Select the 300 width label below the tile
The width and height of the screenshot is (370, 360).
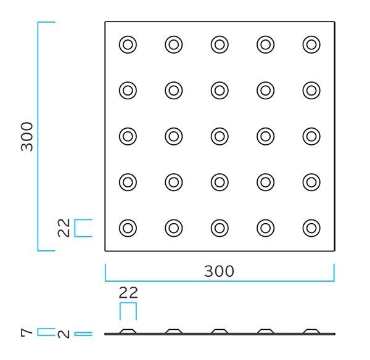point(219,271)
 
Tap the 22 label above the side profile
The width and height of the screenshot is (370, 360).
point(128,292)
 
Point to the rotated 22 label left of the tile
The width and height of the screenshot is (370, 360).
point(64,228)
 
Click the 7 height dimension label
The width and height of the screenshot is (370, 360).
point(27,332)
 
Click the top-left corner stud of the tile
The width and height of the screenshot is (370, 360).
point(128,44)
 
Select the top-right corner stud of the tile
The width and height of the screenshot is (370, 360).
point(311,44)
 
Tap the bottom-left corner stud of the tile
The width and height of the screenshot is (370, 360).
point(128,228)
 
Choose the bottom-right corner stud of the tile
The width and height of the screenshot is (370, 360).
point(311,228)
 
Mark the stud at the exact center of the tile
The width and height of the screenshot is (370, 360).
point(220,136)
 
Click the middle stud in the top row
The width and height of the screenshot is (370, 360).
point(220,44)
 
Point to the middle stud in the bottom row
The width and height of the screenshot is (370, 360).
point(220,228)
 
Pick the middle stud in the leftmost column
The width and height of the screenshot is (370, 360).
point(128,136)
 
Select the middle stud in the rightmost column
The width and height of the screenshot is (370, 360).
point(311,136)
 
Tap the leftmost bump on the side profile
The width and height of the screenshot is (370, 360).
point(128,332)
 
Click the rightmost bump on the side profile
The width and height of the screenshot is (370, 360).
point(311,332)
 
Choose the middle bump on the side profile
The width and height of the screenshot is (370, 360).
point(220,332)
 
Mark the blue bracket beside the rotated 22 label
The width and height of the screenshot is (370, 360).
point(83,228)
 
